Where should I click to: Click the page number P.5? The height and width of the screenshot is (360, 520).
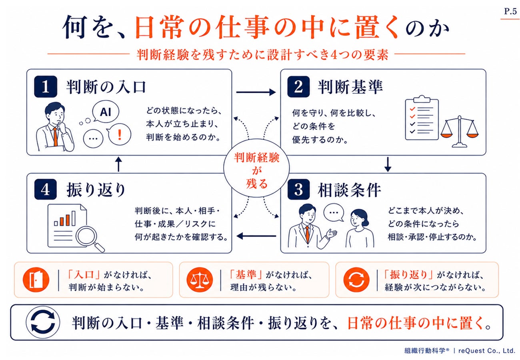510,11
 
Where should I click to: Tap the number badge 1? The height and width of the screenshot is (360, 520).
46,86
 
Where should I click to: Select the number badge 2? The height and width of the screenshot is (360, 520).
298,86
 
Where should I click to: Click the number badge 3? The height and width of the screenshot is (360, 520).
298,190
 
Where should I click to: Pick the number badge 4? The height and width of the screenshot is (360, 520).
46,190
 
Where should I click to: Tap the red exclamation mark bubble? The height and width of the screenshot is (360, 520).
120,135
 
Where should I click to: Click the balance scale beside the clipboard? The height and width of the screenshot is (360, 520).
460,132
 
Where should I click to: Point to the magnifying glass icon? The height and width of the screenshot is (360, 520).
89,238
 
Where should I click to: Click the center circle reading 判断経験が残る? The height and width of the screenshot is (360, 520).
256,168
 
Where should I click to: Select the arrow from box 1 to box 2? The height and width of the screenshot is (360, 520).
256,92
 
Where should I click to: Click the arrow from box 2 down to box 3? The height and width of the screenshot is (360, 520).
388,164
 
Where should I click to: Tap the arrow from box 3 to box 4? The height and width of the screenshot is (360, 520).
256,236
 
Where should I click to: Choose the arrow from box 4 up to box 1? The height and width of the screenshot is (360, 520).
119,164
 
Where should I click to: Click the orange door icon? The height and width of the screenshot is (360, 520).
36,280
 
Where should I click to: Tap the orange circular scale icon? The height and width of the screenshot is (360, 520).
200,280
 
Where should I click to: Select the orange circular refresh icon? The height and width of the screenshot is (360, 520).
356,280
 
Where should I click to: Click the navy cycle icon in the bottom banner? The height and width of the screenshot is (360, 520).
43,322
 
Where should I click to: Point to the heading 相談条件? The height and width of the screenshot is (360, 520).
349,190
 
